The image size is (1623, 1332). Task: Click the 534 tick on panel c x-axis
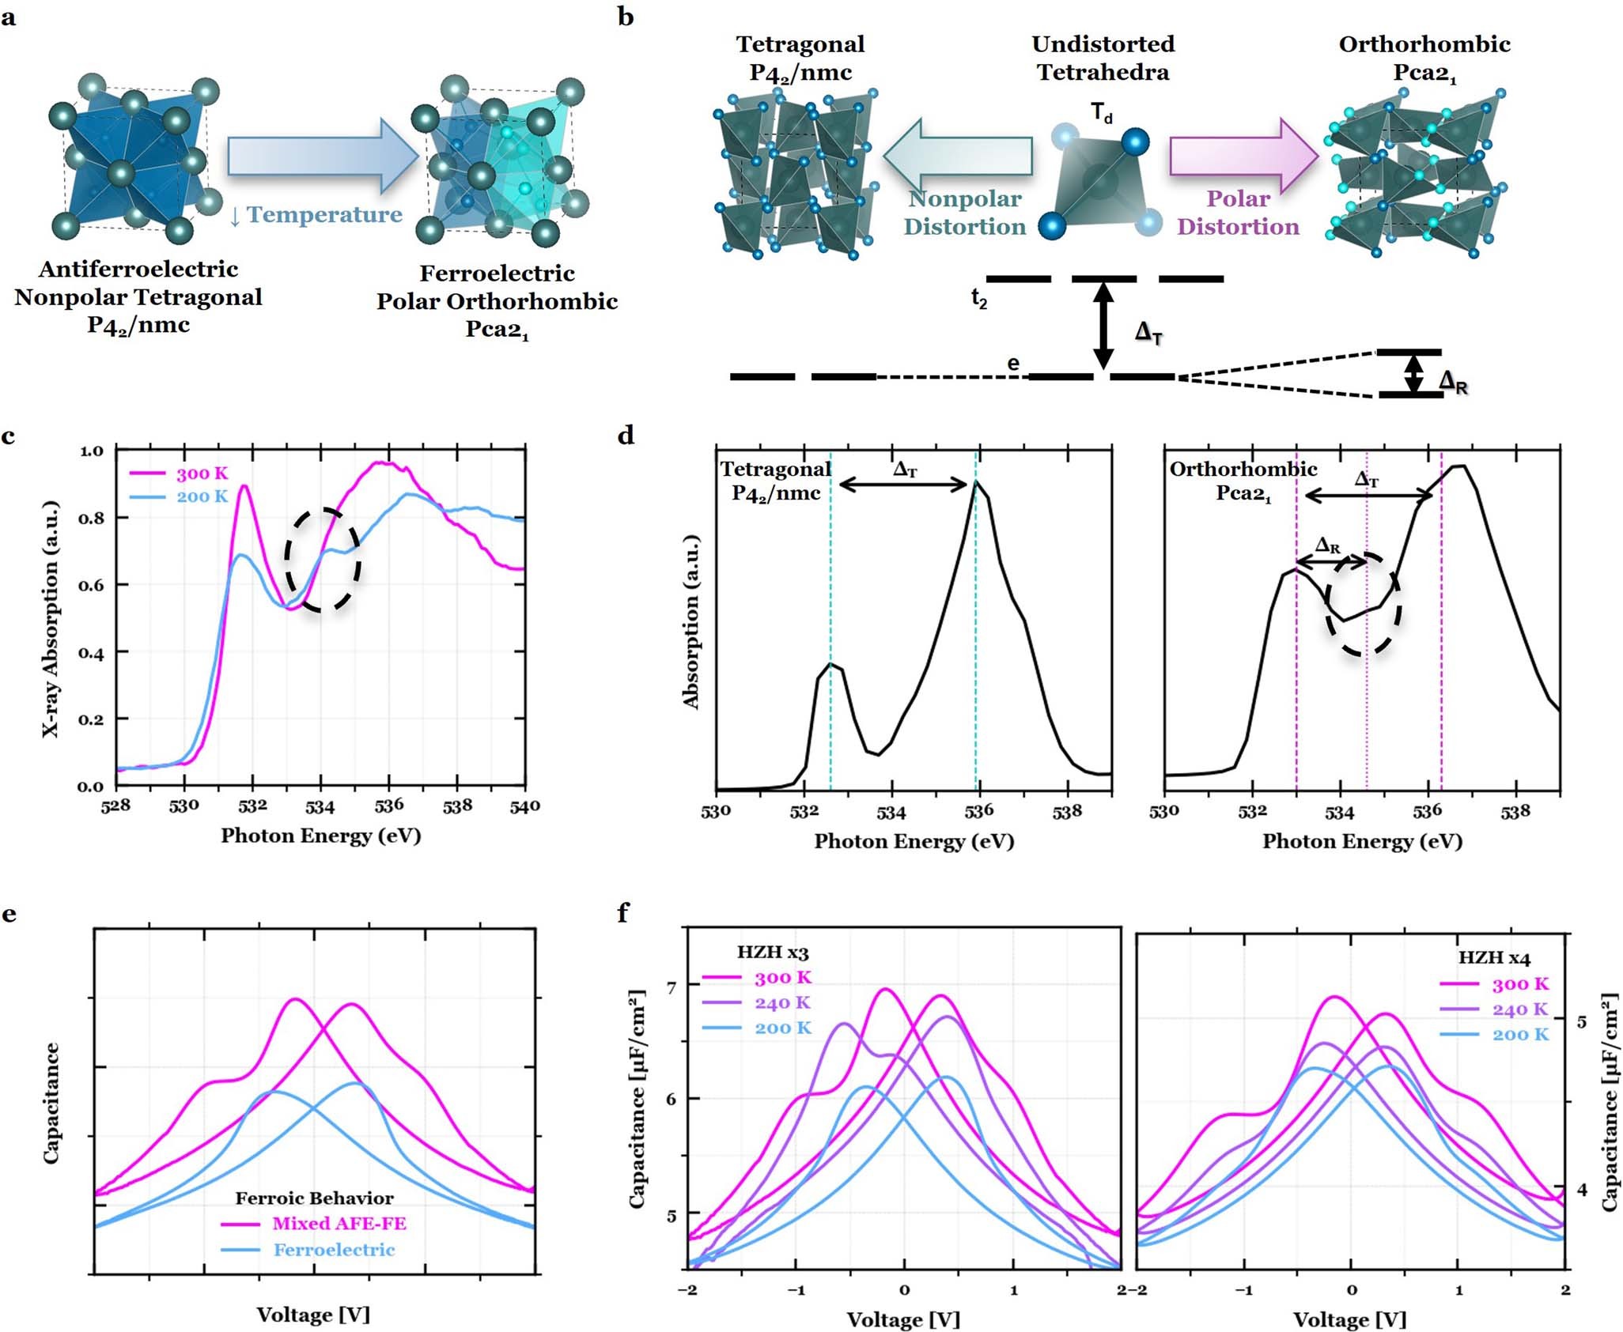point(320,807)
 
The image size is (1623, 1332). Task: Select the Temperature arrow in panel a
point(323,156)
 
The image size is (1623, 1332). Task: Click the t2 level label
point(979,298)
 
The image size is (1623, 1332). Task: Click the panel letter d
point(626,435)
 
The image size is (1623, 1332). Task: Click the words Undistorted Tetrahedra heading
point(1103,58)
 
